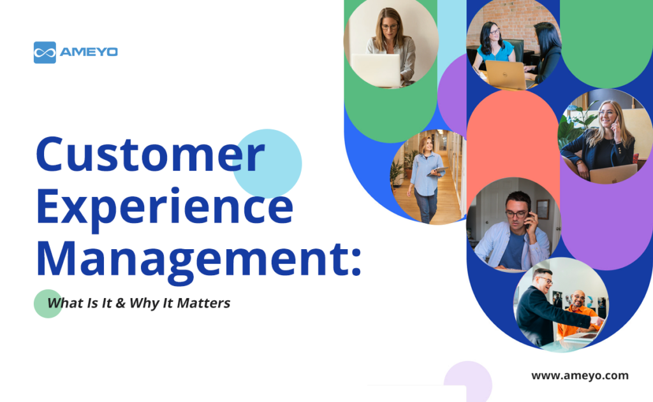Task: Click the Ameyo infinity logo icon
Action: pos(45,52)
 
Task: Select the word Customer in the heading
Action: pos(149,155)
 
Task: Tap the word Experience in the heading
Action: pos(164,208)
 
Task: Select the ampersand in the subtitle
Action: pos(119,303)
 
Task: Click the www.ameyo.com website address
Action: pos(580,375)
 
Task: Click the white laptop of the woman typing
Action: pos(376,69)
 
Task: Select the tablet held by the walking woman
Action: pos(437,171)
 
